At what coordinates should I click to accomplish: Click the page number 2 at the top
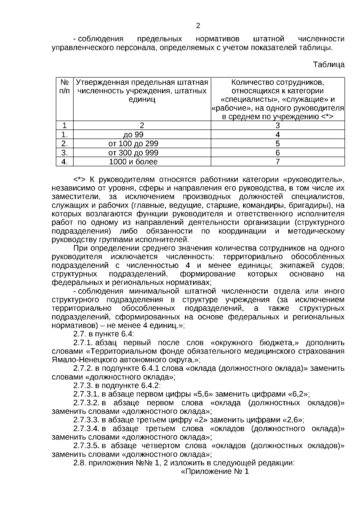point(198,26)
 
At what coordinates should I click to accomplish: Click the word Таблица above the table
point(329,65)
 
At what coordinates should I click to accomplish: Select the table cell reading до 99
point(133,135)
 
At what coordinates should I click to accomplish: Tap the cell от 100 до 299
point(133,144)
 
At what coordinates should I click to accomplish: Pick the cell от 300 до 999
point(133,153)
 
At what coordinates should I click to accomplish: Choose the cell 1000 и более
point(133,162)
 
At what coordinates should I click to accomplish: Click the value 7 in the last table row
point(278,162)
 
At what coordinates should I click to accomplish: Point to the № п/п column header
point(65,86)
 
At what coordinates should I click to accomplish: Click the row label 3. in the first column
point(65,153)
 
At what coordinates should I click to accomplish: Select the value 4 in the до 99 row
point(278,135)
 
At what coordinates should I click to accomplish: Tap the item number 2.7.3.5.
point(86,445)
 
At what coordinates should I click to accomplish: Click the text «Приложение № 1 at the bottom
point(215,471)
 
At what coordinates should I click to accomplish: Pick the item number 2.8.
point(80,463)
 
